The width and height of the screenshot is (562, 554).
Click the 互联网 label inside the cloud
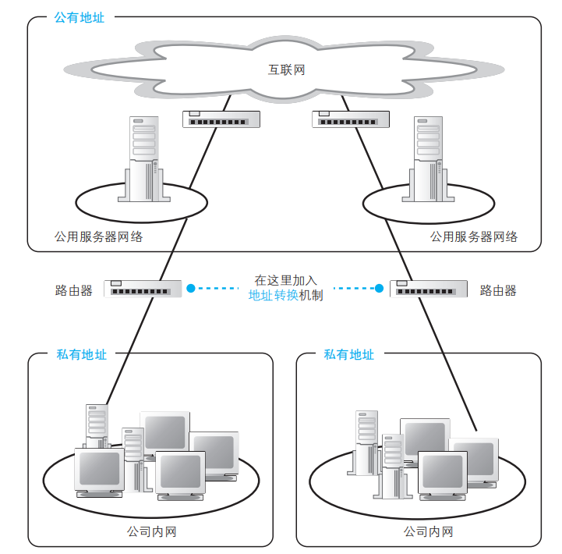(x=286, y=70)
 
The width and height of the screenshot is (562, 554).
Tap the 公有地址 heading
(x=79, y=17)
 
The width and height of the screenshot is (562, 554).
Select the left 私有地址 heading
(x=81, y=354)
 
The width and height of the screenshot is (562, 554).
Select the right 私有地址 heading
(x=348, y=354)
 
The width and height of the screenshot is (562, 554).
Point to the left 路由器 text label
(x=74, y=290)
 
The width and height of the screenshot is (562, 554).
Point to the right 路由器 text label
(x=498, y=290)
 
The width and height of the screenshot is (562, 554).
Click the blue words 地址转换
(x=274, y=296)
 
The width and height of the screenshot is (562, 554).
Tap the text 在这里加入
(x=286, y=280)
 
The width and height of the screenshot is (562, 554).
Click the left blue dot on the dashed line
(x=192, y=288)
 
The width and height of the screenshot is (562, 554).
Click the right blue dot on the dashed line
(x=379, y=288)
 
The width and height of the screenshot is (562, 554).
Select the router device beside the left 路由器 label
(x=143, y=288)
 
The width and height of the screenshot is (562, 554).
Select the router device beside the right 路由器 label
(x=429, y=289)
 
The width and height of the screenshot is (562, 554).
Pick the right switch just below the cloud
(x=350, y=119)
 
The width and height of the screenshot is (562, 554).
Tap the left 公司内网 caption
(x=151, y=532)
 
